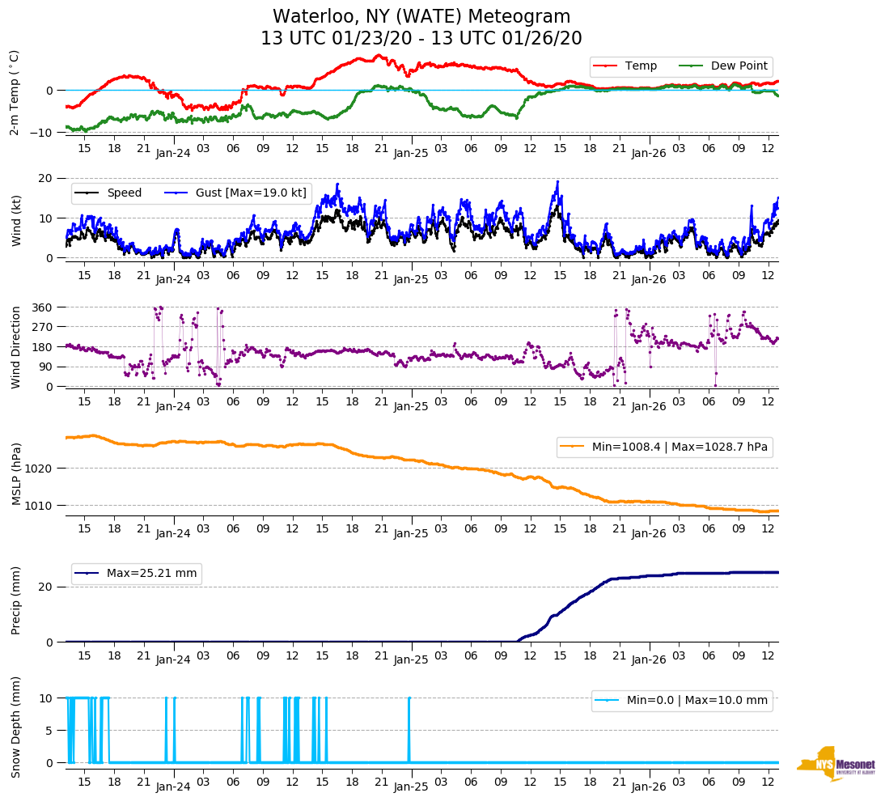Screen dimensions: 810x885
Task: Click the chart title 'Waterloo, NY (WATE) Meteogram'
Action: tap(421, 16)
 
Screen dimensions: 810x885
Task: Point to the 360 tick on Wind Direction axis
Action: tap(42, 307)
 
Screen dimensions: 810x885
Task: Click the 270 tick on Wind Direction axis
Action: tap(42, 327)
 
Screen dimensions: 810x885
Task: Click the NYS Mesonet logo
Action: tap(836, 764)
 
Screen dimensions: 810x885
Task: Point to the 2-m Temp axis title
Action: tap(15, 92)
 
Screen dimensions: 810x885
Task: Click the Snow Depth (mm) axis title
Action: tap(15, 727)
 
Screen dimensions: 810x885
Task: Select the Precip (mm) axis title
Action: tap(15, 600)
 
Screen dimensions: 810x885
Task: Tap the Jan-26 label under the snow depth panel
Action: tap(648, 787)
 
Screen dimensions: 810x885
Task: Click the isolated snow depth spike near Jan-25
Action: tap(409, 728)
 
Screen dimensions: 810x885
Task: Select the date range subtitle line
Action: tap(421, 38)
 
